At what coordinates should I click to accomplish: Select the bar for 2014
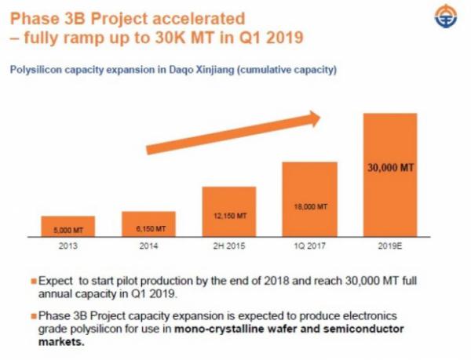tap(148, 224)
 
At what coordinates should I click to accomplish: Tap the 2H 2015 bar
tap(228, 211)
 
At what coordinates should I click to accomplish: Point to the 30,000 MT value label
tap(389, 166)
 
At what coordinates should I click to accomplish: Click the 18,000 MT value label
tap(309, 206)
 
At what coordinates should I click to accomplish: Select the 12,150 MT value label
tap(229, 216)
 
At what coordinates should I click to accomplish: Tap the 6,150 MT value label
tap(148, 229)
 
